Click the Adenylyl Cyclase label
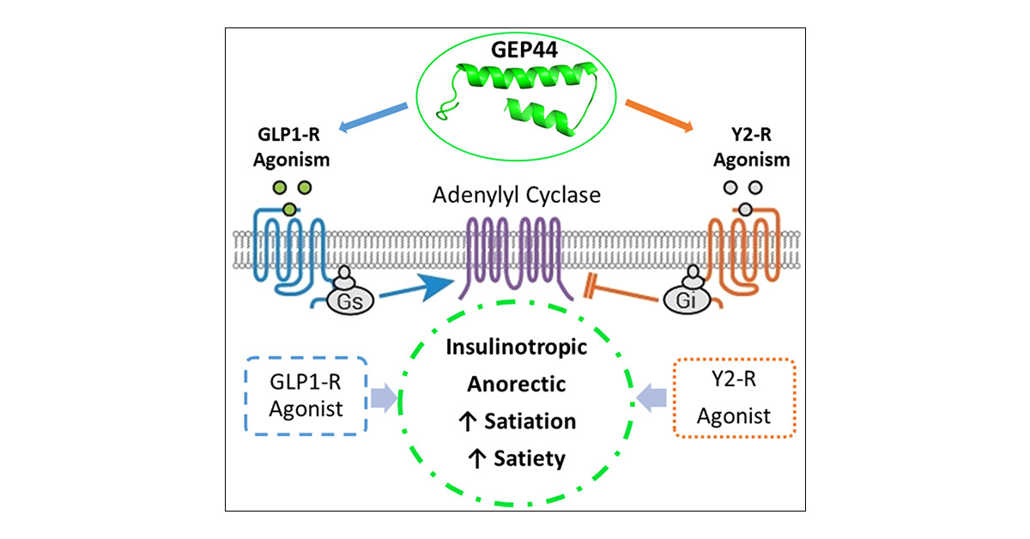coord(515,196)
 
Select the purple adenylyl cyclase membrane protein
coord(513,253)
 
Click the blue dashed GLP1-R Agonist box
coord(306,397)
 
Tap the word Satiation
coord(529,421)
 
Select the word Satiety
coord(530,458)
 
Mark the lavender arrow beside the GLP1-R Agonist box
coord(385,397)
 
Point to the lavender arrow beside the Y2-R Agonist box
coord(651,397)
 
